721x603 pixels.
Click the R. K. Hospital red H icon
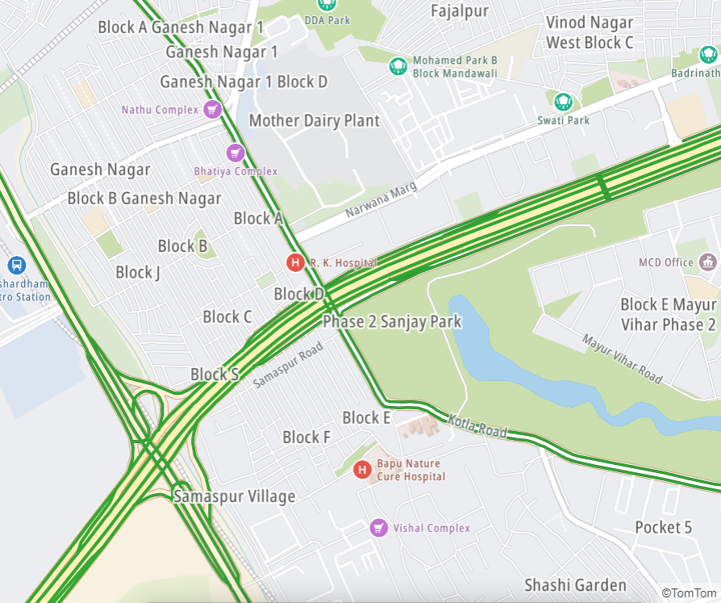[296, 262]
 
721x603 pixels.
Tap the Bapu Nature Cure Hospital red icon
[362, 469]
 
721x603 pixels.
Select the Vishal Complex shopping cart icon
[378, 528]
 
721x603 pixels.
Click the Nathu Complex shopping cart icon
[212, 109]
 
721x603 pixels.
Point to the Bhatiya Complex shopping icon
[235, 152]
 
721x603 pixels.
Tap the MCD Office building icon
[708, 262]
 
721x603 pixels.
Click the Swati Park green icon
[563, 101]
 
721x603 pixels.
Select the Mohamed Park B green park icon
[398, 65]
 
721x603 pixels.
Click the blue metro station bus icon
[15, 265]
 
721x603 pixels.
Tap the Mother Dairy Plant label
[314, 121]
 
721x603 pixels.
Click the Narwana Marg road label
[381, 200]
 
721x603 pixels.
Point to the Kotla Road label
[479, 427]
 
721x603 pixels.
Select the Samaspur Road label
[288, 365]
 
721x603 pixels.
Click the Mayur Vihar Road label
[622, 358]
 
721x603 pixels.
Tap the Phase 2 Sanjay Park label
[392, 321]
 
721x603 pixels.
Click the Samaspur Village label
[234, 496]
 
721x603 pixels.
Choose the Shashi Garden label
[575, 585]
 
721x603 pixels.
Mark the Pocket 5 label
[663, 527]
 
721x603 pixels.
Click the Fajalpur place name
[459, 10]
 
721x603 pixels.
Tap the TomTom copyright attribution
[688, 593]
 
